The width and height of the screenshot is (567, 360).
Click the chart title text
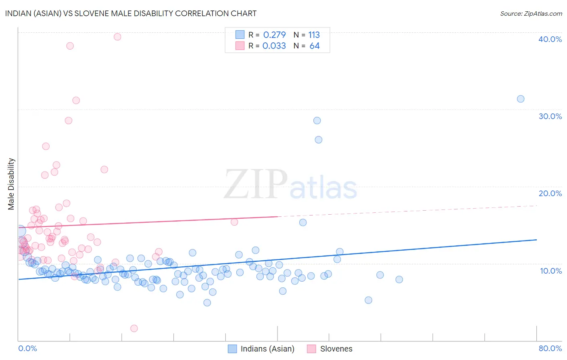click(x=131, y=13)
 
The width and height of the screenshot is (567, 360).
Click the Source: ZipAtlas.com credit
click(x=531, y=13)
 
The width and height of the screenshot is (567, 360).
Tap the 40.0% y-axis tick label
click(x=550, y=39)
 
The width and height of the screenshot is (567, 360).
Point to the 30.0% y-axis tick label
click(x=550, y=116)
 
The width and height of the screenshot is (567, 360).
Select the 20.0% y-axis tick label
click(x=550, y=193)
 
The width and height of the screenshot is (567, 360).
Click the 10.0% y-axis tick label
click(x=551, y=271)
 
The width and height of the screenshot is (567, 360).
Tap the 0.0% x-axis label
click(x=27, y=348)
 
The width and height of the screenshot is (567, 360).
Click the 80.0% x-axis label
click(x=550, y=348)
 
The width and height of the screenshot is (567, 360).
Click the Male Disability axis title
click(x=11, y=184)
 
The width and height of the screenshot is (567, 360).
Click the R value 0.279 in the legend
click(x=274, y=35)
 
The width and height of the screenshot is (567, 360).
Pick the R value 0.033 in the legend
click(x=274, y=46)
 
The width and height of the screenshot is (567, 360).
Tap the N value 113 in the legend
click(x=314, y=35)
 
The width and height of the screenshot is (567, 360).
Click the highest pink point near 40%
click(x=117, y=37)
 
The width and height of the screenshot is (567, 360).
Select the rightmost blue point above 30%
click(x=521, y=99)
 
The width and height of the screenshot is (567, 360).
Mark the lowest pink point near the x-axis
click(x=134, y=329)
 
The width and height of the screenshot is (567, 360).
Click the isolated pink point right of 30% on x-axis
click(x=234, y=222)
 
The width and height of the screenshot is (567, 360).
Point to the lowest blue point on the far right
click(x=368, y=300)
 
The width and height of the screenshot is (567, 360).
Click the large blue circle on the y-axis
click(x=19, y=231)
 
